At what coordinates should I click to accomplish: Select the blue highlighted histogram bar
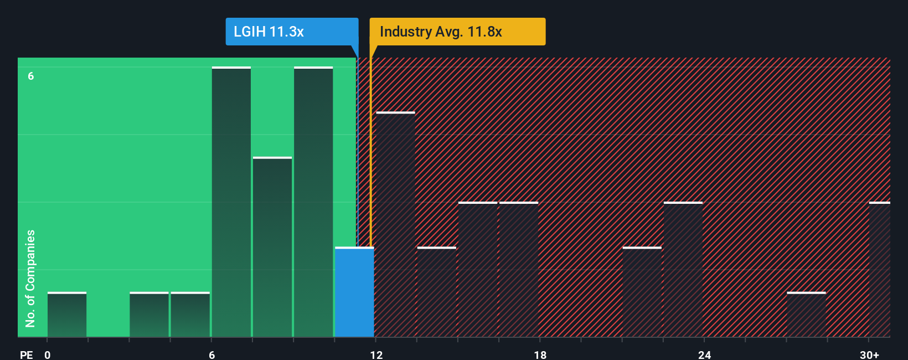(x=354, y=292)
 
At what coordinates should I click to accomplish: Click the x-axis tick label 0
(x=48, y=354)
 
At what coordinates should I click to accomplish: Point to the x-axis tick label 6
(x=211, y=354)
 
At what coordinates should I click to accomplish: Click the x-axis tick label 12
(x=376, y=354)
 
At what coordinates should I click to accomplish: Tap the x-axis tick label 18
(x=540, y=354)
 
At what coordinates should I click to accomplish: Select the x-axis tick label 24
(x=704, y=354)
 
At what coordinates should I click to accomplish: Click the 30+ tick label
(x=869, y=354)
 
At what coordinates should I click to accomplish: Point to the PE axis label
(x=26, y=354)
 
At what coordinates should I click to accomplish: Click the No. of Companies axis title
(x=30, y=278)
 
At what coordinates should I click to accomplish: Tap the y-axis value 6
(x=31, y=76)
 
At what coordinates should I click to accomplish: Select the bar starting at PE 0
(x=67, y=315)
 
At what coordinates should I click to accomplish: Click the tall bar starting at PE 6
(x=231, y=202)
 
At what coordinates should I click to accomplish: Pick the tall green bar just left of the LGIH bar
(x=313, y=202)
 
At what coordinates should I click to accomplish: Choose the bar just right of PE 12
(x=395, y=224)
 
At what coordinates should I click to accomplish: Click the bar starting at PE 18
(x=519, y=270)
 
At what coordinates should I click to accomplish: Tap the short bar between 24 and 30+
(x=806, y=315)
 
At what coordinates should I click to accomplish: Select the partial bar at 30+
(x=880, y=270)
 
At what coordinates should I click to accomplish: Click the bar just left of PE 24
(x=683, y=270)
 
